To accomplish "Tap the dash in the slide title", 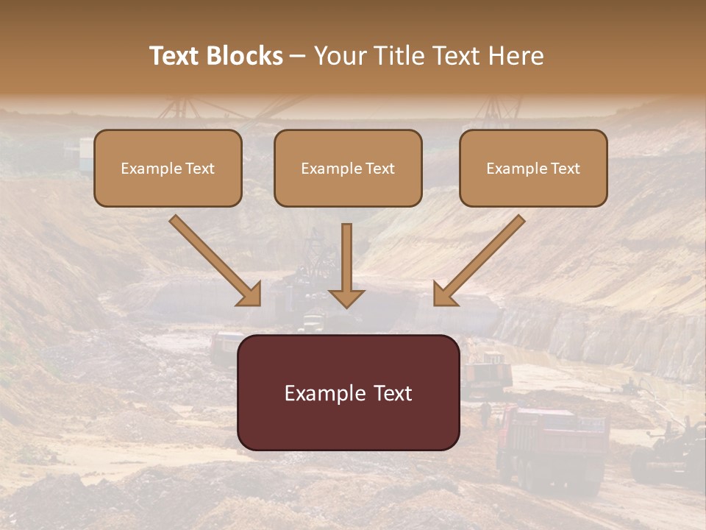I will click(298, 57).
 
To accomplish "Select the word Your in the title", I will click(339, 56).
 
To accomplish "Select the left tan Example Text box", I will click(168, 168).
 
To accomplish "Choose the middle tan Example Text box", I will click(348, 168).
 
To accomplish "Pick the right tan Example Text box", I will click(533, 168).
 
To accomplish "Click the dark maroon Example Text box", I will click(349, 392).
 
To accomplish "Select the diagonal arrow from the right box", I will click(479, 261).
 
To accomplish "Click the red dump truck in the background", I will click(552, 445).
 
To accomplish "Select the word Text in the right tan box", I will click(566, 169).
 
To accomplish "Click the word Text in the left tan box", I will click(200, 169).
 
